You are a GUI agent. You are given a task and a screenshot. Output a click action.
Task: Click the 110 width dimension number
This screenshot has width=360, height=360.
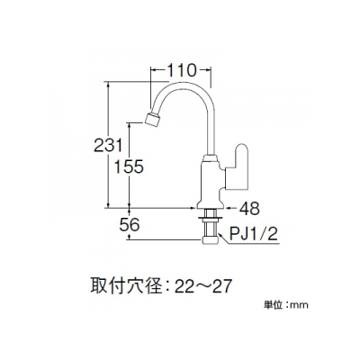pyautogui.click(x=181, y=71)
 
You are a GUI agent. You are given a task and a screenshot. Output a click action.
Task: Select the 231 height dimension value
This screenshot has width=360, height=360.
pyautogui.click(x=109, y=146)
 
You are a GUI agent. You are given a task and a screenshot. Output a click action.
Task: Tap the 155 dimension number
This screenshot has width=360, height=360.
pyautogui.click(x=130, y=166)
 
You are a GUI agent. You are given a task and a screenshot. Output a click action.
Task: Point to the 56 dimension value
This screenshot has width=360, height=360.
pyautogui.click(x=130, y=225)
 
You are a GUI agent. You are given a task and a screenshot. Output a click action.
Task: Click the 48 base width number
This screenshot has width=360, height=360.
pyautogui.click(x=249, y=208)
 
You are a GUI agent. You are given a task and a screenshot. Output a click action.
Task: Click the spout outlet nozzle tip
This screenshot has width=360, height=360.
pyautogui.click(x=152, y=120)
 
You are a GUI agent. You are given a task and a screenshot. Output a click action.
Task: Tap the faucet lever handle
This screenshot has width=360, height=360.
pyautogui.click(x=238, y=167)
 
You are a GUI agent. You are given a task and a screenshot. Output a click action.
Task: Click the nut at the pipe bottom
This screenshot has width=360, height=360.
pyautogui.click(x=210, y=240)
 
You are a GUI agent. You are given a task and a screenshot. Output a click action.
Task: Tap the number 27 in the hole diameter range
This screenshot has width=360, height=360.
pyautogui.click(x=222, y=286)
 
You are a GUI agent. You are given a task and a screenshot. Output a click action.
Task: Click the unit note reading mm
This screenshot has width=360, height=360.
pyautogui.click(x=300, y=306)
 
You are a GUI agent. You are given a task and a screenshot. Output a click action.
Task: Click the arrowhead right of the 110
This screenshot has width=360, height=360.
pyautogui.click(x=209, y=70)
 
